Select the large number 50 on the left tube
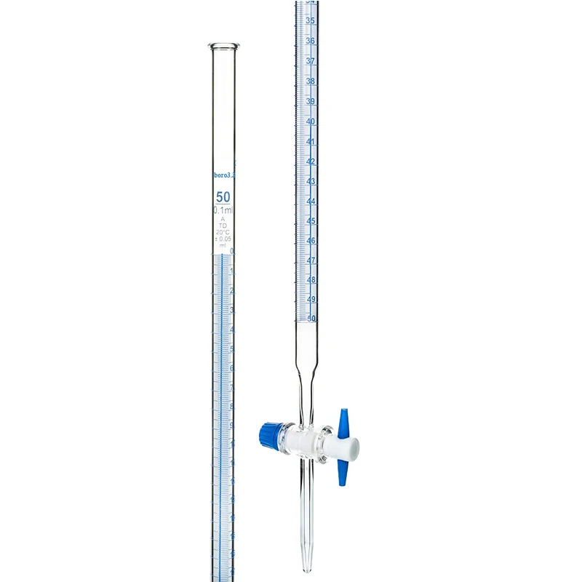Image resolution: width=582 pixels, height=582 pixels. tap(223, 196)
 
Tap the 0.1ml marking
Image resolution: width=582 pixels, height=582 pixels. tap(223, 210)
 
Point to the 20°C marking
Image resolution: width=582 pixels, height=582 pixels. tap(223, 232)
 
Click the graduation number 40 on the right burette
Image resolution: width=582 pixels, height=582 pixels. tap(311, 121)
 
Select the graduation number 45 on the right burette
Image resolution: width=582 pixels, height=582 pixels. tap(311, 220)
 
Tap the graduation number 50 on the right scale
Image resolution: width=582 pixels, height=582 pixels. tap(311, 318)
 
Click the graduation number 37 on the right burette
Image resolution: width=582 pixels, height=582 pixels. tap(311, 61)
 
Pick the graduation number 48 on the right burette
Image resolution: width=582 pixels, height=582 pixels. tap(311, 279)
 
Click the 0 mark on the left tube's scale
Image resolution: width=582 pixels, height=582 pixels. tap(232, 252)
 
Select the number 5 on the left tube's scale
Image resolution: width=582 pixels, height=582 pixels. tap(232, 348)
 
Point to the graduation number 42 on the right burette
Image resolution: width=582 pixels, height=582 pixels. tap(311, 161)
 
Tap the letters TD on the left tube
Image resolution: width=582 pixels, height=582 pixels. tap(223, 225)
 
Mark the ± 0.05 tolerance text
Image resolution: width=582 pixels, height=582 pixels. tap(223, 239)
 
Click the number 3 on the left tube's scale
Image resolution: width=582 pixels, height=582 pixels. tap(232, 310)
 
